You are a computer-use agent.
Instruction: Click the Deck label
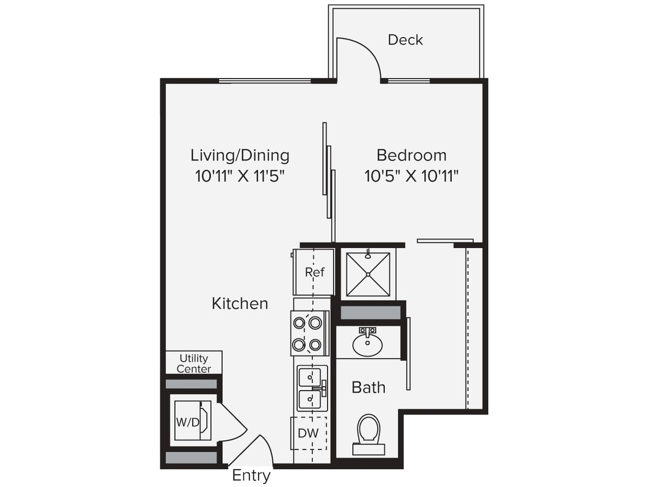(405, 40)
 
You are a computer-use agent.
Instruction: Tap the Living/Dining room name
(240, 155)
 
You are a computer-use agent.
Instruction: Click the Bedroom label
(411, 155)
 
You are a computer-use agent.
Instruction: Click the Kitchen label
(239, 304)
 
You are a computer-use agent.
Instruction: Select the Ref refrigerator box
(314, 272)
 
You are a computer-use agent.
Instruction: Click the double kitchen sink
(312, 387)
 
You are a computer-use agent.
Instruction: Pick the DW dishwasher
(309, 433)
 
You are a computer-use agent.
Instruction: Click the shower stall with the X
(367, 274)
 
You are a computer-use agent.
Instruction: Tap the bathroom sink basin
(367, 345)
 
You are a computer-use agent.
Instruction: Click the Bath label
(368, 387)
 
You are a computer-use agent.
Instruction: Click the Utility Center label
(193, 364)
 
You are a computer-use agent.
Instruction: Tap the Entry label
(251, 476)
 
